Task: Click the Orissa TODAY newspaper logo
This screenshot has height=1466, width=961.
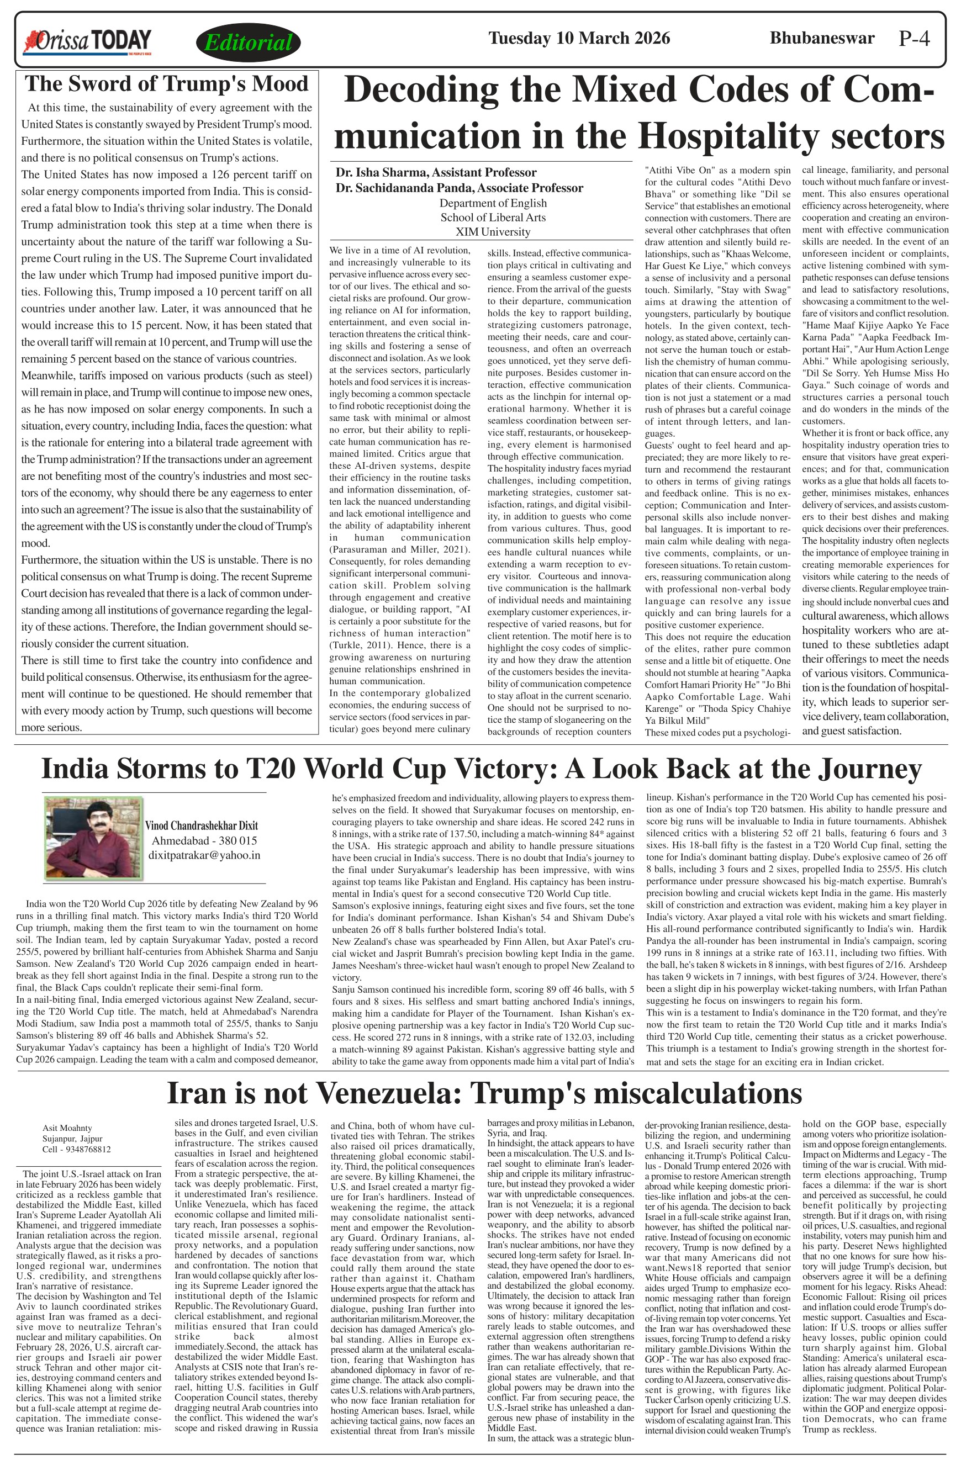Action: click(x=87, y=41)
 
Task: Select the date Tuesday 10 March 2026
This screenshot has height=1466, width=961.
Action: click(x=578, y=38)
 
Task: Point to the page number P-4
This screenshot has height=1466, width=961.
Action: click(x=914, y=39)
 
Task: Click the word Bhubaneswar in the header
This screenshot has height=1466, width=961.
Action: click(x=821, y=38)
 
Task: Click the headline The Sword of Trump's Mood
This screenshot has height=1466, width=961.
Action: click(x=166, y=84)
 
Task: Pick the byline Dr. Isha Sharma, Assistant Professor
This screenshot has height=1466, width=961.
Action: click(x=436, y=172)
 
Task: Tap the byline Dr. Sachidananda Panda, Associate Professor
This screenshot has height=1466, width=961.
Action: click(x=459, y=188)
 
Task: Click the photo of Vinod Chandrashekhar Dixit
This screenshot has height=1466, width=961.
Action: click(x=93, y=837)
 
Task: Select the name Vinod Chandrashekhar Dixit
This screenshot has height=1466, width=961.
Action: click(x=202, y=826)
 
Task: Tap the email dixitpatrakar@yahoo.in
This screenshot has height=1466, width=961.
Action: click(x=204, y=855)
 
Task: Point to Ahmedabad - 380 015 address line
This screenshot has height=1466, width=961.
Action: click(x=204, y=841)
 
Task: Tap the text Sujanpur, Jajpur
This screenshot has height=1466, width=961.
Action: click(x=72, y=1139)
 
